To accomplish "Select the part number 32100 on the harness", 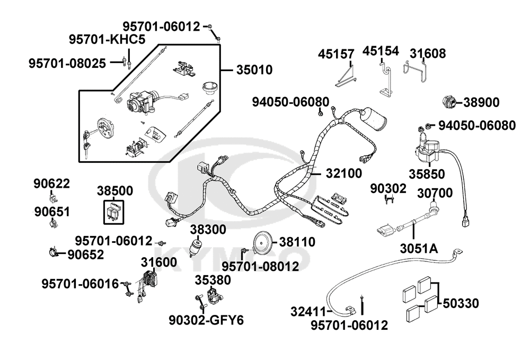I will pyautogui.click(x=343, y=173).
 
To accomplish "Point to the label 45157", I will pyautogui.click(x=336, y=54).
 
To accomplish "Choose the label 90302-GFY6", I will pyautogui.click(x=206, y=320).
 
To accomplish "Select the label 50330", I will pyautogui.click(x=461, y=303).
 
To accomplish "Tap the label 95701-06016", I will pyautogui.click(x=80, y=284).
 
